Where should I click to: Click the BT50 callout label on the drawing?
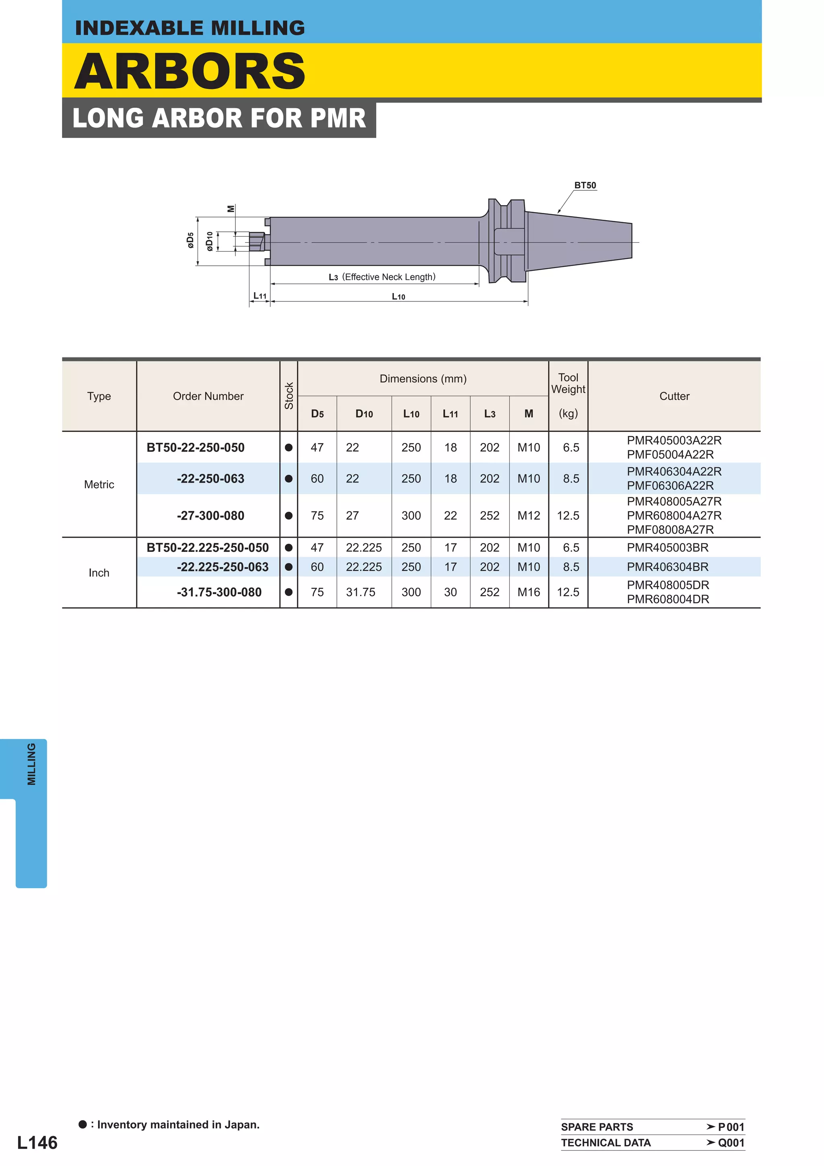pyautogui.click(x=585, y=186)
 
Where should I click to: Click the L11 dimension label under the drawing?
pyautogui.click(x=260, y=296)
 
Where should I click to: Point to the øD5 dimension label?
pyautogui.click(x=190, y=240)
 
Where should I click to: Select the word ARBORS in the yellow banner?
pyautogui.click(x=190, y=71)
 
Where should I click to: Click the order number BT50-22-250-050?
pyautogui.click(x=196, y=448)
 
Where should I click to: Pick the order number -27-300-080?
pyautogui.click(x=210, y=516)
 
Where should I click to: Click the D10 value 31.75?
pyautogui.click(x=360, y=592)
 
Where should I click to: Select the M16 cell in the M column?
pyautogui.click(x=529, y=592)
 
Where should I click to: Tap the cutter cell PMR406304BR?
pyautogui.click(x=667, y=567)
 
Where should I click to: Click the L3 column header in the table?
pyautogui.click(x=489, y=414)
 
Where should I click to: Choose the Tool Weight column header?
pyautogui.click(x=568, y=384)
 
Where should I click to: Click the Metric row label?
pyautogui.click(x=99, y=485)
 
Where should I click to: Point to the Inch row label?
pyautogui.click(x=99, y=573)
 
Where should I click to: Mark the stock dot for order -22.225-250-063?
pyautogui.click(x=288, y=567)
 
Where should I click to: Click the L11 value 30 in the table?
pyautogui.click(x=450, y=592)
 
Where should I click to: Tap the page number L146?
pyautogui.click(x=37, y=1143)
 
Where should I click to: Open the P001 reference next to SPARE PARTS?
pyautogui.click(x=731, y=1127)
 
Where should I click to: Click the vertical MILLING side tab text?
pyautogui.click(x=31, y=764)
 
